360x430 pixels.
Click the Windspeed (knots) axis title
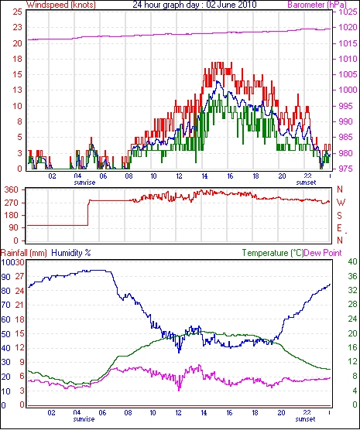61,5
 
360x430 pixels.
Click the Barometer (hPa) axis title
317,5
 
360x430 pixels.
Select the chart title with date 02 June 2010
194,5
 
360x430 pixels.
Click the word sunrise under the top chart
84,183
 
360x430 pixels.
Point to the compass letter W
341,203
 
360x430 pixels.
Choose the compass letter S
340,216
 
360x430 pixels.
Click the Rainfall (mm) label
24,253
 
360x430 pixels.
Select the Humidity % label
71,253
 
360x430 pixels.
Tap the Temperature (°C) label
273,253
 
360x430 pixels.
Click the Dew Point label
323,253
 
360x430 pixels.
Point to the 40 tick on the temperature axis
352,262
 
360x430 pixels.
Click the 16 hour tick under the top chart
230,176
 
